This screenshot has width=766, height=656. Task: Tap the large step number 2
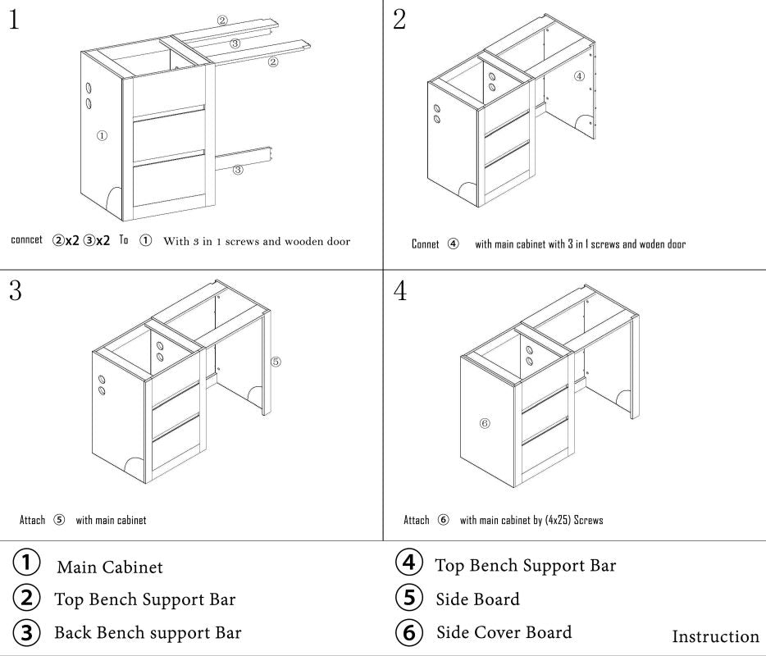(399, 20)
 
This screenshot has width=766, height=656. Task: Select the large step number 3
(16, 291)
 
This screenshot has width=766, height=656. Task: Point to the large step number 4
(400, 291)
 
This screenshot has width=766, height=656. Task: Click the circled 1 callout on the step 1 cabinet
(102, 136)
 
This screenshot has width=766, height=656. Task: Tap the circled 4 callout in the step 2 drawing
(579, 76)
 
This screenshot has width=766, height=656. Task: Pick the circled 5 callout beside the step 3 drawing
(276, 361)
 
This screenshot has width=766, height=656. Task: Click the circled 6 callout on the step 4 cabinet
(485, 423)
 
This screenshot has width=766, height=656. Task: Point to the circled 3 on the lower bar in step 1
(238, 171)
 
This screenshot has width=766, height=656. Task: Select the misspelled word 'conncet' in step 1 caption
(26, 240)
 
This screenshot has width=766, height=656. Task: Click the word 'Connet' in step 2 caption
(425, 244)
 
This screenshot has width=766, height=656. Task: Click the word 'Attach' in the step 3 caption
(32, 521)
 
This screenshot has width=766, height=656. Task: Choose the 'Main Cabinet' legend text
(110, 567)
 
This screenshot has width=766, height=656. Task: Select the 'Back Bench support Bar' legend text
(148, 633)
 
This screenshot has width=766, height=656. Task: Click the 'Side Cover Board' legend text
(504, 632)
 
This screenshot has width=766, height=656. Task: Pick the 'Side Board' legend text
(477, 599)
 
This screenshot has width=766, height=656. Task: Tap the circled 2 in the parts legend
(27, 598)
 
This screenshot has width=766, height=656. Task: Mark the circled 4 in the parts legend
(409, 563)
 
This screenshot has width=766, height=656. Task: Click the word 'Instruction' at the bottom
(715, 637)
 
